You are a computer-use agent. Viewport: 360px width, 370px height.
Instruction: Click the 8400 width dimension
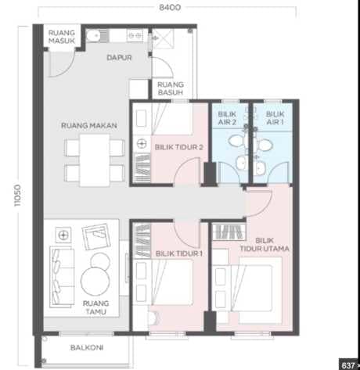tap(170, 7)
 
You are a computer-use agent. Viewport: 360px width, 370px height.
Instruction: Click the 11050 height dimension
tap(17, 196)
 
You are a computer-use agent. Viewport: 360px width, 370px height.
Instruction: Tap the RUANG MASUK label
tap(62, 37)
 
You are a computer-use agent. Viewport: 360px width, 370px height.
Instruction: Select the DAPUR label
tap(119, 58)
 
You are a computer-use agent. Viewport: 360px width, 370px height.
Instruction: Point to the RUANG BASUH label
tap(171, 88)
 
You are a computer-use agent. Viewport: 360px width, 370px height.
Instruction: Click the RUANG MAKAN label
tap(89, 125)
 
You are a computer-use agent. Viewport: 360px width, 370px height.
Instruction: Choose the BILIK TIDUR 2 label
tap(179, 147)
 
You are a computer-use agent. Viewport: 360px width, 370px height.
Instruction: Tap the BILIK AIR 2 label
tap(227, 118)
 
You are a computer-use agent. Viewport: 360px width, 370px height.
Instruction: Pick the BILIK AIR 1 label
tap(275, 118)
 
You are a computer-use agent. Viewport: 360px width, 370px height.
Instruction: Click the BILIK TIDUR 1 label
tap(179, 253)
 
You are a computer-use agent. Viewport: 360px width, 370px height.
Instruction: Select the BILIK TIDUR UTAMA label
tap(265, 244)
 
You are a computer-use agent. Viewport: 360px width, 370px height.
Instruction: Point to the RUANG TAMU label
tap(96, 307)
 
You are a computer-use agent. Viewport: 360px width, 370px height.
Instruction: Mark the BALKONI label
tap(87, 347)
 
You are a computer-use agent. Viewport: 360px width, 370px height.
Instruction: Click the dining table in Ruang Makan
tap(95, 160)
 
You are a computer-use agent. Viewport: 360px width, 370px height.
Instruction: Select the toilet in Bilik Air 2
tap(236, 142)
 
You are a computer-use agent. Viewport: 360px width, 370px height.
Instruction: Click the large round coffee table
tap(95, 282)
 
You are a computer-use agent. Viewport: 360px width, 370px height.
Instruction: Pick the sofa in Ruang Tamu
tap(62, 277)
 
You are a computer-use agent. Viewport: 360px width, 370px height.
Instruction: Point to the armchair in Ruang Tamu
tap(96, 236)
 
